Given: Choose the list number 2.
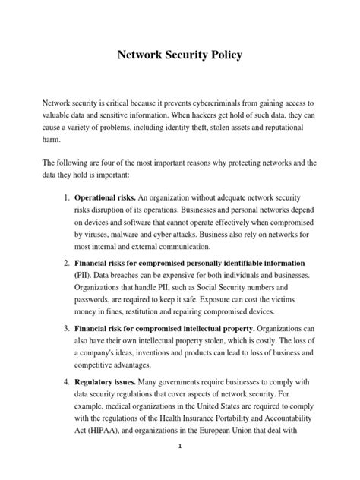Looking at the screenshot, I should [65, 262].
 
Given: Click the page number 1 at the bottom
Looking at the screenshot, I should [180, 469].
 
